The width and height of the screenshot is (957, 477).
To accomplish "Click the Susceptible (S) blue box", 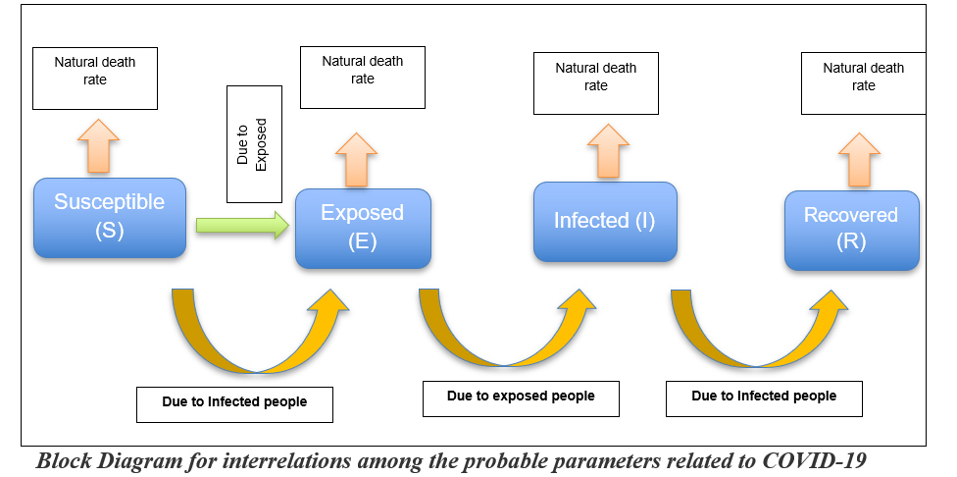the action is coord(109,218).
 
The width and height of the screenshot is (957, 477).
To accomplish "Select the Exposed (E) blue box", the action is coord(363,229).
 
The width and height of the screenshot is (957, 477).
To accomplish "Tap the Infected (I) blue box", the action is coord(605,222).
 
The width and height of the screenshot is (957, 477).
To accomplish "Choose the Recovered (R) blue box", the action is coord(851,231).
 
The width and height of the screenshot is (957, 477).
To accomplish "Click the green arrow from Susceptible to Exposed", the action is coord(242,226).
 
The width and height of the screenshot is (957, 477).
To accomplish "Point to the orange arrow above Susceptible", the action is coord(98,146).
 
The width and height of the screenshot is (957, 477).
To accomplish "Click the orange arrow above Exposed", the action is coord(356,159).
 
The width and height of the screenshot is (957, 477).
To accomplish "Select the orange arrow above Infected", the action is coord(608,151).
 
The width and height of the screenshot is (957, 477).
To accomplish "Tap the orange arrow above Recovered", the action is coord(859,159).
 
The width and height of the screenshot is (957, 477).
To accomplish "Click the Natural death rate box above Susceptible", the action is coord(95,79).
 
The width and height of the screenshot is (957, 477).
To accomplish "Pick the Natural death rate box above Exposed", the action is coord(363,78).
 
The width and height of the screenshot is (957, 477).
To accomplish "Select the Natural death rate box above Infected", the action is coord(596,83).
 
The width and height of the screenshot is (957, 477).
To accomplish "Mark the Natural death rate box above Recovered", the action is coord(864,83).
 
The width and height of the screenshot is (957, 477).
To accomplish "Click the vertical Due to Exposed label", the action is coord(254,144).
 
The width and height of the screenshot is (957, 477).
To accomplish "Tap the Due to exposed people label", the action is coord(521,398).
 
